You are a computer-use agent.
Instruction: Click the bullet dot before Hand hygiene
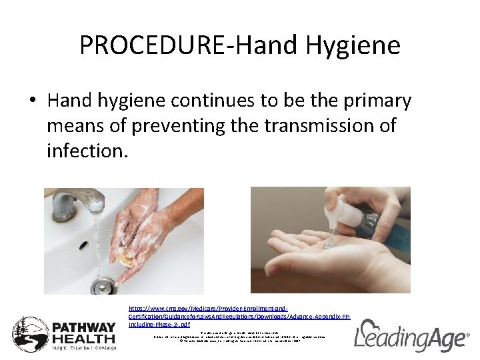tap(33, 101)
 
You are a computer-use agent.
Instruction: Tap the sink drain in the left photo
tap(103, 287)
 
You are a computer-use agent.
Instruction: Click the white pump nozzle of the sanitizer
tap(331, 209)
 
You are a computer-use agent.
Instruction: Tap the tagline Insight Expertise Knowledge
tap(84, 347)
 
